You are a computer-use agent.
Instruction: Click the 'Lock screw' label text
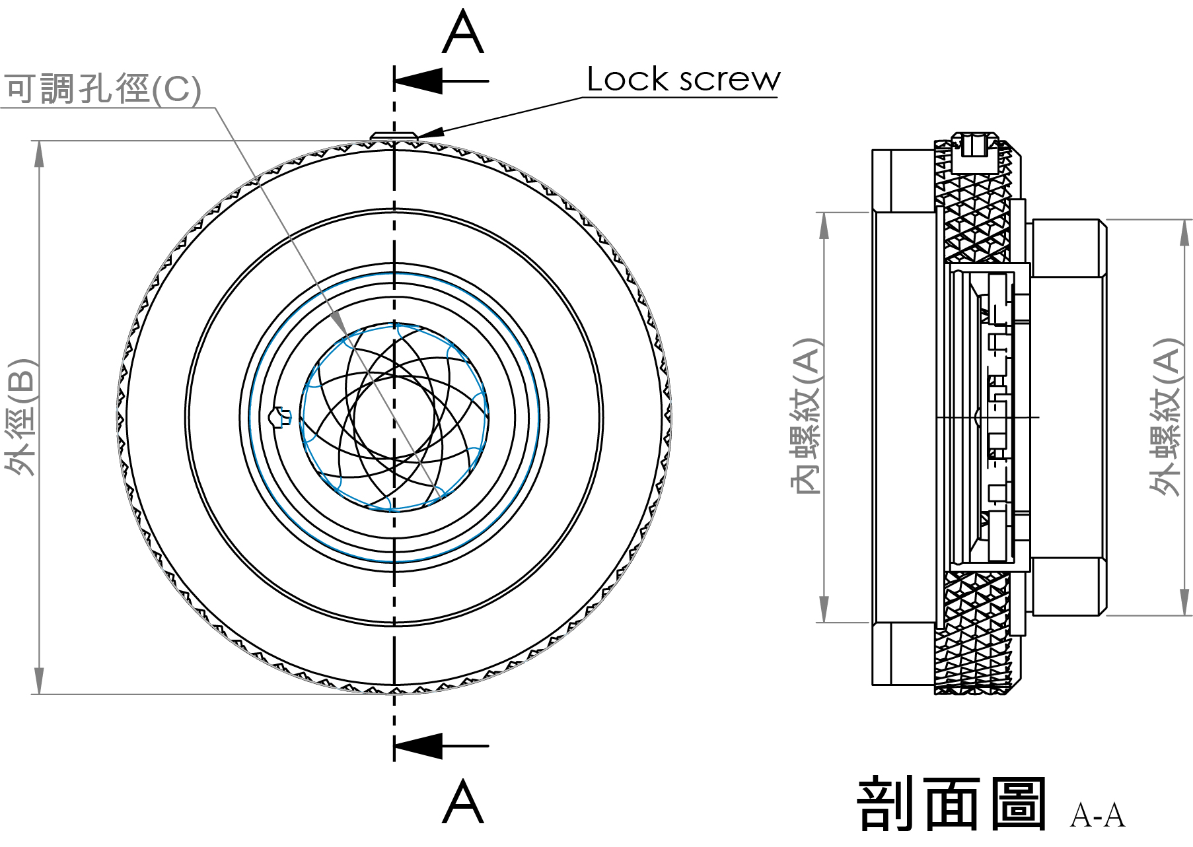pyautogui.click(x=683, y=79)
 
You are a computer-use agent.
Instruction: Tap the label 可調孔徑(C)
pyautogui.click(x=102, y=88)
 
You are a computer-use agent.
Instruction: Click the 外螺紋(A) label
pyautogui.click(x=1165, y=416)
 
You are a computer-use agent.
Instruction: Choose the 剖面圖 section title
pyautogui.click(x=951, y=803)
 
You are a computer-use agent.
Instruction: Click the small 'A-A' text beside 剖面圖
pyautogui.click(x=1097, y=815)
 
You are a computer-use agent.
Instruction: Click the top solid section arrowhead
pyautogui.click(x=420, y=81)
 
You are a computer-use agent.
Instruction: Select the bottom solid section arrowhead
pyautogui.click(x=420, y=746)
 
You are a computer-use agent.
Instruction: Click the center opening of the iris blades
pyautogui.click(x=394, y=417)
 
